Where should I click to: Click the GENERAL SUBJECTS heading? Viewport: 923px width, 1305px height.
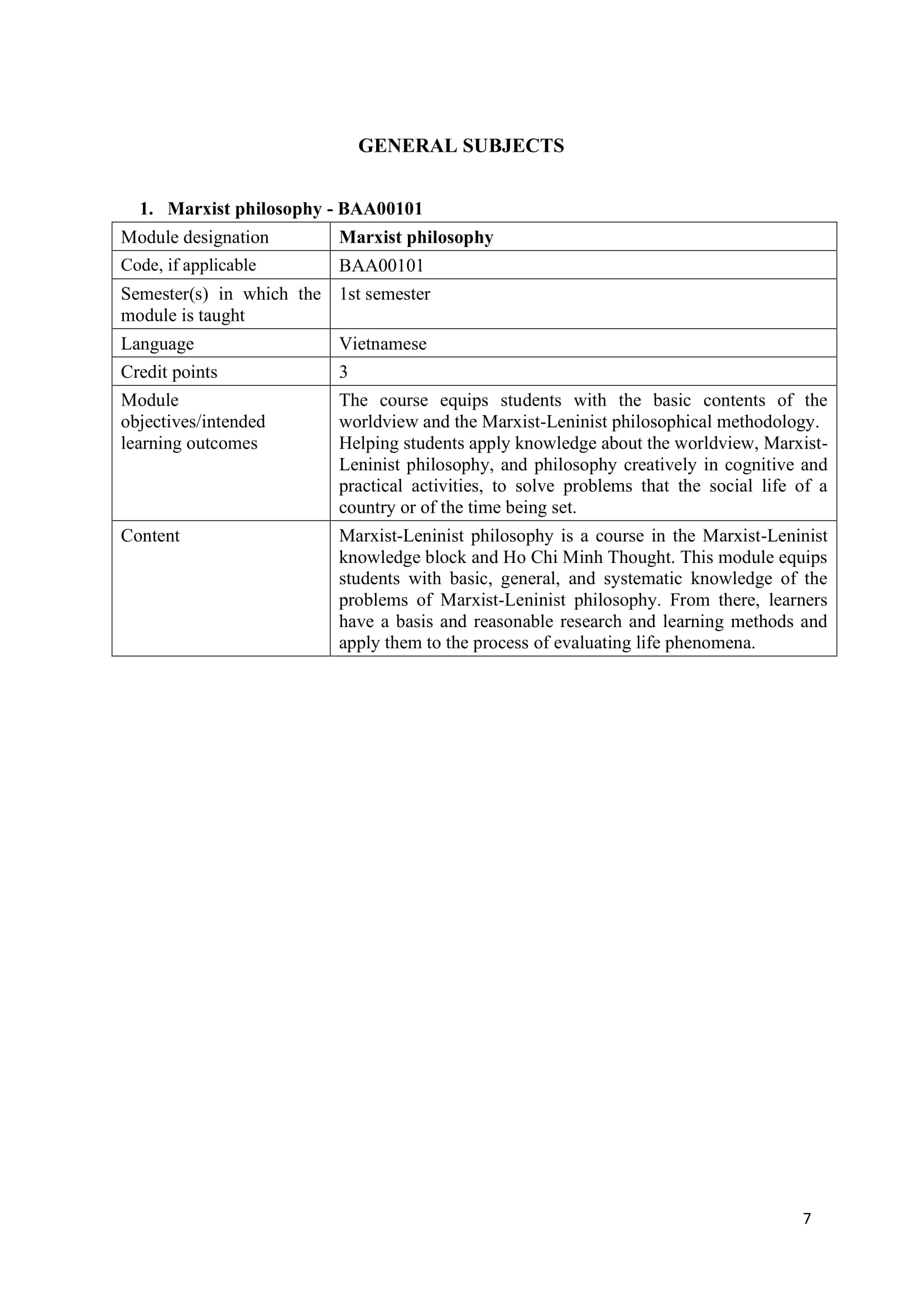click(x=461, y=146)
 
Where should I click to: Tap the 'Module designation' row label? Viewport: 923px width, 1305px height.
click(x=194, y=237)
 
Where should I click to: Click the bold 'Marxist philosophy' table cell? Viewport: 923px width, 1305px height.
click(x=416, y=237)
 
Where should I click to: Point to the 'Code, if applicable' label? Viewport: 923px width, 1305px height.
click(x=188, y=265)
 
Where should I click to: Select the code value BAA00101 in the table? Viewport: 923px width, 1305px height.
click(x=381, y=266)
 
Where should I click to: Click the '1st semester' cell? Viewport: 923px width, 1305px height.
click(x=385, y=294)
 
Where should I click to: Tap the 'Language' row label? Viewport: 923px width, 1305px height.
click(x=157, y=343)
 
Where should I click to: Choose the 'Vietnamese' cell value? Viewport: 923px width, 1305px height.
click(x=382, y=343)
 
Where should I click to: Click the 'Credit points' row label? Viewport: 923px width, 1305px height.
click(x=169, y=372)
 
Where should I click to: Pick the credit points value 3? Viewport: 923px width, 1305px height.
click(x=343, y=372)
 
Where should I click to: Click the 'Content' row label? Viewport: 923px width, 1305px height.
click(x=150, y=536)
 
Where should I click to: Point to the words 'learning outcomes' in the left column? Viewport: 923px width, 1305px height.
click(x=189, y=443)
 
